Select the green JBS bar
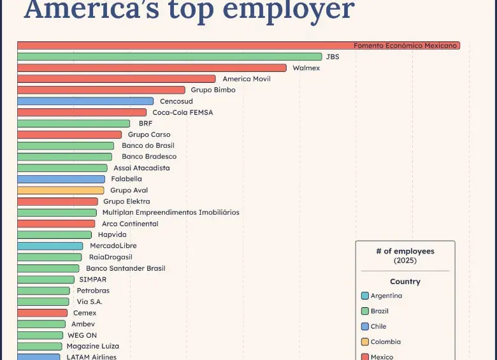(169, 57)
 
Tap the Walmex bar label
(306, 68)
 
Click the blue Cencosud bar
(85, 101)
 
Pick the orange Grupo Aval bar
(61, 190)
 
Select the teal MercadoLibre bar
(50, 246)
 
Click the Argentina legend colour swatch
(364, 296)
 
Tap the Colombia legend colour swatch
(364, 342)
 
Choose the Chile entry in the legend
(378, 326)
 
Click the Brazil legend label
(380, 311)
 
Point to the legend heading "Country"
(405, 282)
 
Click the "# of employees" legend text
(405, 251)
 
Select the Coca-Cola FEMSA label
(182, 112)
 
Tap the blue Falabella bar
(61, 179)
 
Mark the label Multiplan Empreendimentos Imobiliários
(171, 212)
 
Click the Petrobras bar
(43, 291)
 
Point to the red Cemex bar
(42, 313)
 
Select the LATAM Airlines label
(92, 356)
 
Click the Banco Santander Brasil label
(126, 268)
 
